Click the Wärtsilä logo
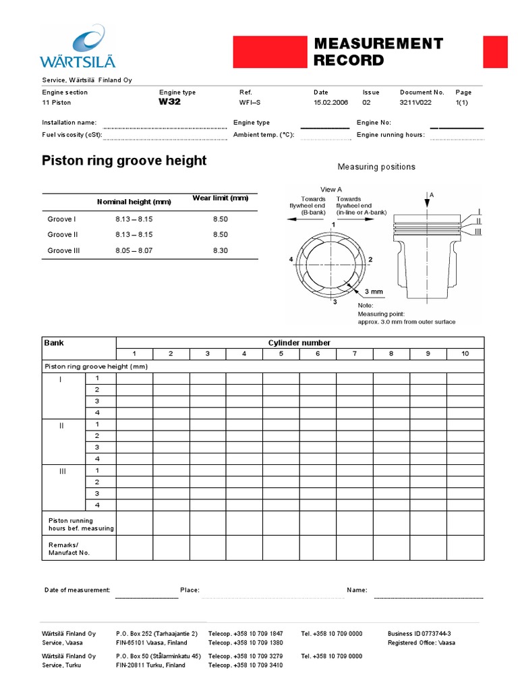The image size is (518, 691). [x=78, y=47]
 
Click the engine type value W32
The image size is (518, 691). [x=169, y=103]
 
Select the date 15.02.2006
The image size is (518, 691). [x=330, y=103]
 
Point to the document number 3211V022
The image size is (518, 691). [x=415, y=103]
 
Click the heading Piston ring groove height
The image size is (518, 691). [x=124, y=161]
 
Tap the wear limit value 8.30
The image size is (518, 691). [x=221, y=250]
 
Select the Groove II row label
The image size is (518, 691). [x=62, y=235]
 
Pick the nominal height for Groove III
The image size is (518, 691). [x=134, y=250]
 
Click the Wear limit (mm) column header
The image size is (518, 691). [x=221, y=198]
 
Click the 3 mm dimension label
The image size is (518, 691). [x=374, y=292]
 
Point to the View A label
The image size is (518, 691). [x=331, y=190]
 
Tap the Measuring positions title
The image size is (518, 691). [x=376, y=167]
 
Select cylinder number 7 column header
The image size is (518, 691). [x=355, y=354]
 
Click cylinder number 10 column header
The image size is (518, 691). [x=465, y=354]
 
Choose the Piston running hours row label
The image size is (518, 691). [x=81, y=524]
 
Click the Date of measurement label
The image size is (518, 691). [x=77, y=590]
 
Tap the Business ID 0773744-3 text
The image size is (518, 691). [x=420, y=634]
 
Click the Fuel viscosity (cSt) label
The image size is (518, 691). [x=72, y=135]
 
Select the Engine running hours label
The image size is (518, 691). [x=391, y=135]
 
